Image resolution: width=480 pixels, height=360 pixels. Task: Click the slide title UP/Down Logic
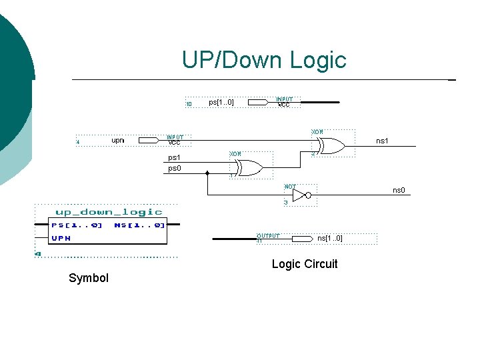[x=264, y=60]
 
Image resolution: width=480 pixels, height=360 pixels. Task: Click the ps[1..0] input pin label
[x=221, y=103]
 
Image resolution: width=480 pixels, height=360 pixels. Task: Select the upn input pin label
[x=118, y=141]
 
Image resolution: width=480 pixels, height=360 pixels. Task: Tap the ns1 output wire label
[x=382, y=141]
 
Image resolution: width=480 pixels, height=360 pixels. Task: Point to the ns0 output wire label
[x=398, y=191]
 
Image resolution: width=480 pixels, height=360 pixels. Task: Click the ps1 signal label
[x=174, y=158]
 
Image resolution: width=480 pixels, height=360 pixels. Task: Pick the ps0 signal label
[x=174, y=169]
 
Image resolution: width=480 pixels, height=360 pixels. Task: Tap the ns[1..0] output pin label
[x=329, y=238]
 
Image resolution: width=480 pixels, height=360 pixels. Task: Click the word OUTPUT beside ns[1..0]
[x=268, y=235]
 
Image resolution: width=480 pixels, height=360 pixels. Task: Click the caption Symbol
[x=88, y=278]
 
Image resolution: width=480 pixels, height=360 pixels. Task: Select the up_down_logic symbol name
[x=108, y=212]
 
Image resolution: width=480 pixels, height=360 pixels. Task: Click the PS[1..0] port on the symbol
[x=77, y=225]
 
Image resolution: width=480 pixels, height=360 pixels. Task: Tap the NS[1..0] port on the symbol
[x=139, y=225]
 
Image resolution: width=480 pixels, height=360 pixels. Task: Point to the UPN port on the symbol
[x=62, y=238]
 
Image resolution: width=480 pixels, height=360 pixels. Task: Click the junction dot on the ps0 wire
[x=207, y=172]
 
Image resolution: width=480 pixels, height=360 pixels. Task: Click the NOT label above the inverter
[x=291, y=187]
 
